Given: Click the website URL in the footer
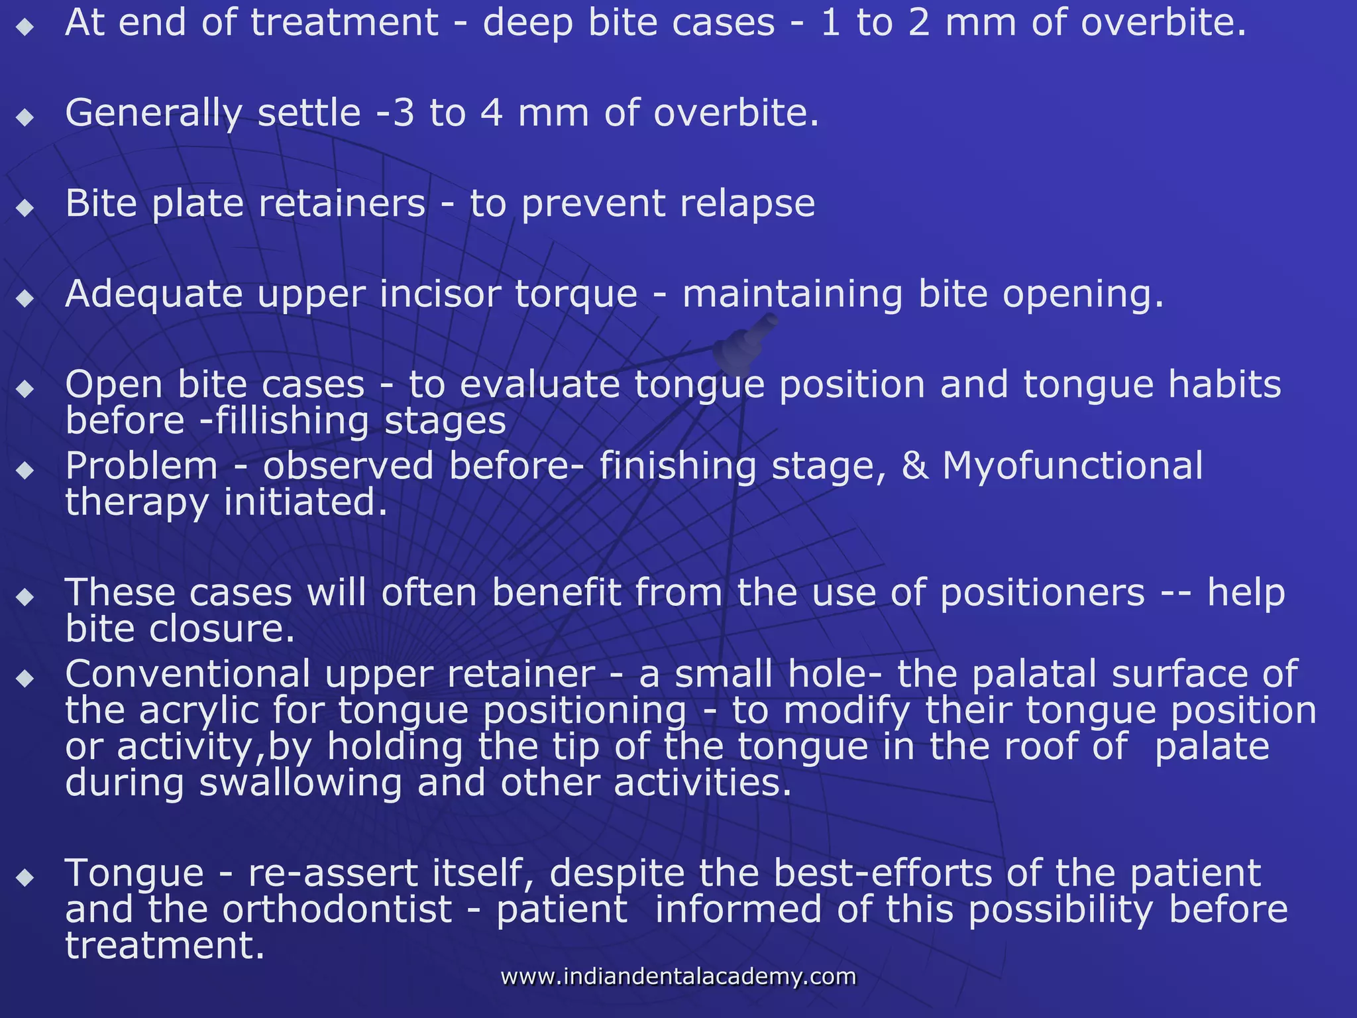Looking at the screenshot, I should click(x=678, y=976).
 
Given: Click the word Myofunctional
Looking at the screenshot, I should click(x=1072, y=465).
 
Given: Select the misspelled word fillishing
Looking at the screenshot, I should click(x=292, y=422).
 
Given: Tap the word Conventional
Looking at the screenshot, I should click(x=188, y=674).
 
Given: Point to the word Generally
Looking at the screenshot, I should click(x=154, y=113).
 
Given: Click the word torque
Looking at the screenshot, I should click(x=576, y=294).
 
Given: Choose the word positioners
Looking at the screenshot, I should click(x=1042, y=593).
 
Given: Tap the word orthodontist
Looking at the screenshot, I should click(x=337, y=909).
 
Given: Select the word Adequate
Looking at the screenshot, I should click(x=154, y=294).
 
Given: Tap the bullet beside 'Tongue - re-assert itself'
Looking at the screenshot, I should click(x=26, y=878).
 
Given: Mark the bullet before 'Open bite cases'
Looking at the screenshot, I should click(x=26, y=388).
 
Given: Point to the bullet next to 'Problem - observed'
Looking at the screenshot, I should click(x=26, y=471).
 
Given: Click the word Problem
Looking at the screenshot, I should click(x=141, y=465).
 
